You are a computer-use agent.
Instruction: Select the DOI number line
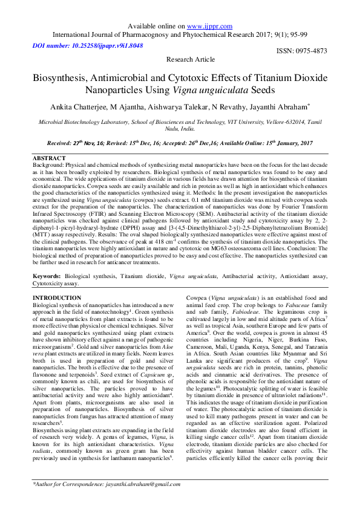[88, 45]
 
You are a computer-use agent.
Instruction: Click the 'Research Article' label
[191, 59]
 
